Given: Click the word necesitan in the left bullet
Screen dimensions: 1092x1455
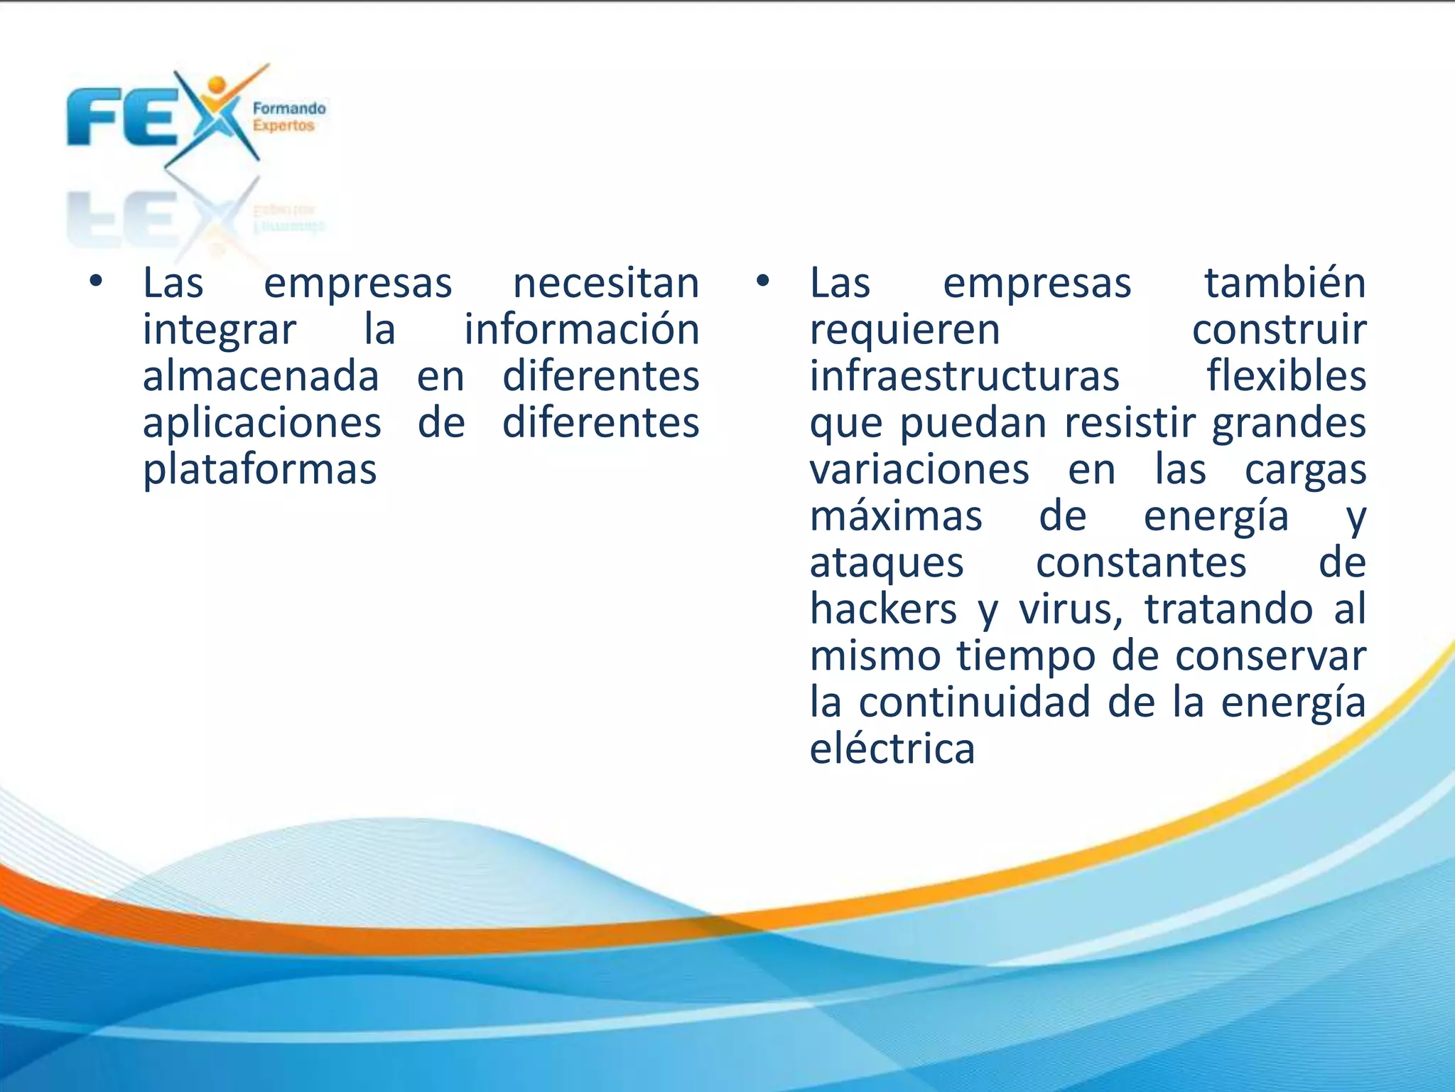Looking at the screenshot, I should pyautogui.click(x=606, y=283).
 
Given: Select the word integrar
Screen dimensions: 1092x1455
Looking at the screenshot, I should pyautogui.click(x=219, y=331).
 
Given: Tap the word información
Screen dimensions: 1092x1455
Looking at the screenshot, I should pyautogui.click(x=582, y=330).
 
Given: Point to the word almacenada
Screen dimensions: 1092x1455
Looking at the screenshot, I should pyautogui.click(x=261, y=376).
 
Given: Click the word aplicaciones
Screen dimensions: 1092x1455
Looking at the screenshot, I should pyautogui.click(x=262, y=424).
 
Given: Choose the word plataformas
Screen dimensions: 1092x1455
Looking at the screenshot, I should pyautogui.click(x=259, y=471).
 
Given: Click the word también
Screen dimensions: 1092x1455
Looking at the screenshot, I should pyautogui.click(x=1284, y=283).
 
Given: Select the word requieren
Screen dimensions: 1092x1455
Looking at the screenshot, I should pyautogui.click(x=904, y=331).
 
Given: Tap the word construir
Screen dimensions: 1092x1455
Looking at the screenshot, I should pyautogui.click(x=1279, y=330).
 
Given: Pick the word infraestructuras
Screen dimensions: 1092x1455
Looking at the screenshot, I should pyautogui.click(x=964, y=376).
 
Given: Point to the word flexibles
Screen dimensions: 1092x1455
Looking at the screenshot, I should pyautogui.click(x=1286, y=376).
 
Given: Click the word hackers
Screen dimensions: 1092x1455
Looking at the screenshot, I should pyautogui.click(x=883, y=609).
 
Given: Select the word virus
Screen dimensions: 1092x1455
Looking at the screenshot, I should pyautogui.click(x=1070, y=611).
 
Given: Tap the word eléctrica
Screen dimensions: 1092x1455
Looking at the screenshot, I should pyautogui.click(x=892, y=749).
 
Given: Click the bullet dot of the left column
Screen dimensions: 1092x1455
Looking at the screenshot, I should pyautogui.click(x=96, y=282).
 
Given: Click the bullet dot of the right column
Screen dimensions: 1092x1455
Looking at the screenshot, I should pyautogui.click(x=762, y=282).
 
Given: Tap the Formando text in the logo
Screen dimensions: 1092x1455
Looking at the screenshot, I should pyautogui.click(x=289, y=109).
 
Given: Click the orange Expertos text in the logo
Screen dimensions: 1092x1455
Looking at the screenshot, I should pyautogui.click(x=283, y=127).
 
